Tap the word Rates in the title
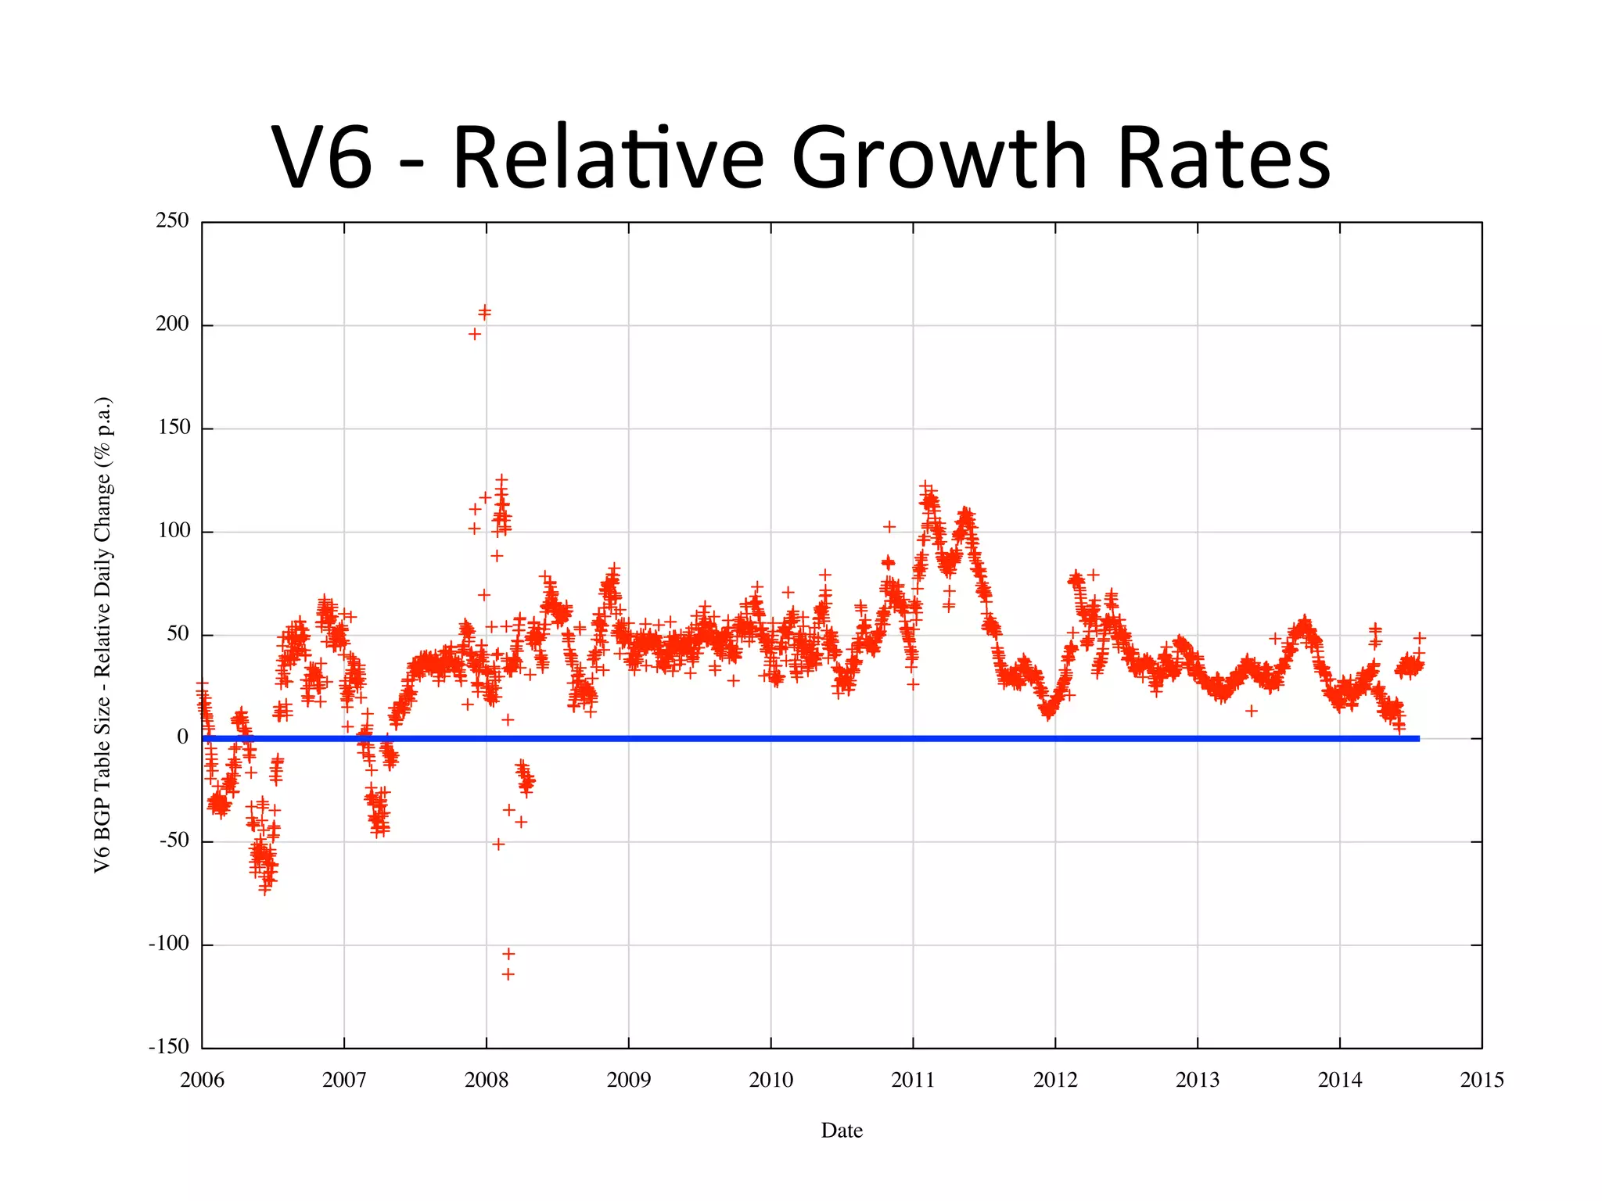[1223, 158]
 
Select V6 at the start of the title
[321, 158]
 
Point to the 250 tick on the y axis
[172, 220]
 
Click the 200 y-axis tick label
[172, 324]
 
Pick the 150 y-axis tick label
[173, 427]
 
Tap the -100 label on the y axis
[169, 944]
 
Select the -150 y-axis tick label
[169, 1047]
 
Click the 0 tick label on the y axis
[182, 737]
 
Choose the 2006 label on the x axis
[202, 1081]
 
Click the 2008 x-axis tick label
[486, 1081]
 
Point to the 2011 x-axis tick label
[913, 1081]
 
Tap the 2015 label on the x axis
[1482, 1081]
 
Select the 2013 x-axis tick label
[1197, 1081]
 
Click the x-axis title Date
[842, 1131]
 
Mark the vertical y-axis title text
[103, 635]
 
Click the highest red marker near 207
[485, 310]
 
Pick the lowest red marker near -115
[508, 974]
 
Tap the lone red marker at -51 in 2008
[498, 844]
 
